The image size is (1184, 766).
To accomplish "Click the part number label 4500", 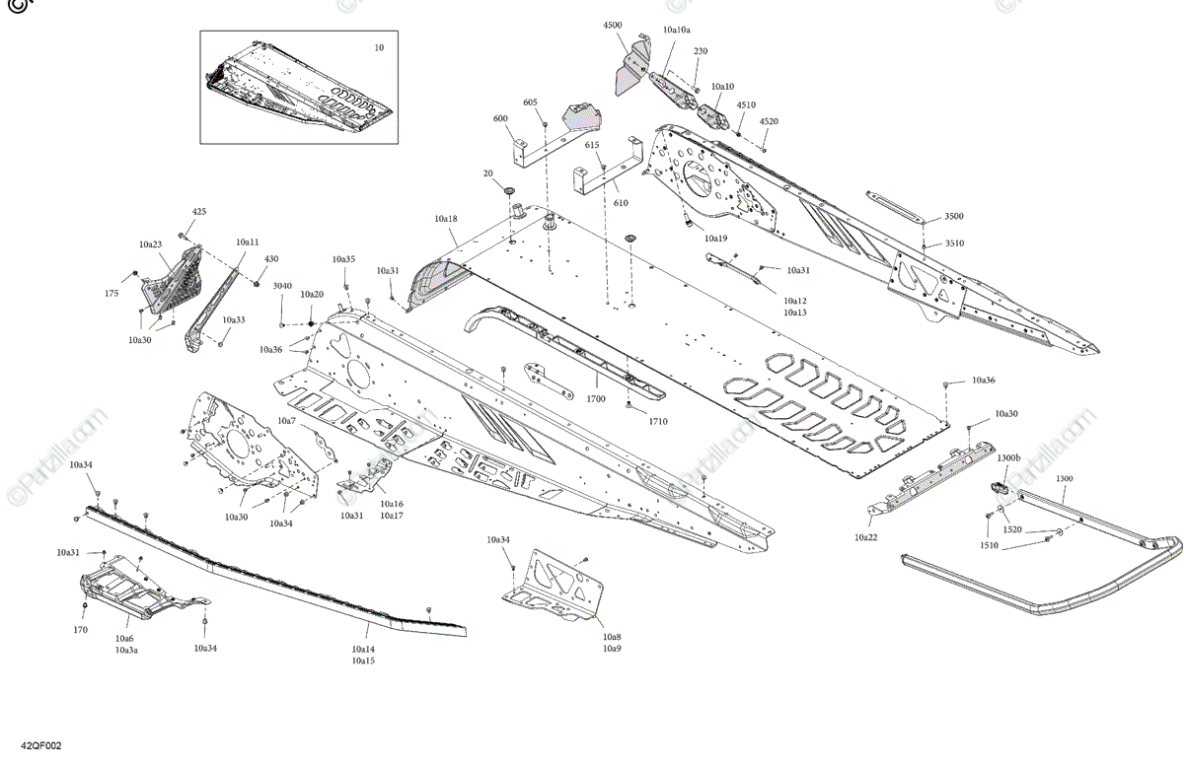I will coord(613,24).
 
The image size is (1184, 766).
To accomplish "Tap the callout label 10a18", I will coord(445,218).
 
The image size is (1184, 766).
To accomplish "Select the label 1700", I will coord(596,399).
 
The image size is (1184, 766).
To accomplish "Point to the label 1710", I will coord(658,422).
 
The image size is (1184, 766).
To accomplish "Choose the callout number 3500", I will coord(954,216).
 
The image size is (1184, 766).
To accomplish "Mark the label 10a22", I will coord(866,537).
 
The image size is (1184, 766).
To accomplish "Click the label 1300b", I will coord(1008,458).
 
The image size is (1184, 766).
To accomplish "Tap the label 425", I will coord(199,212).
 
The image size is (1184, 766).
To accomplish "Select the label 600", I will coord(500,118).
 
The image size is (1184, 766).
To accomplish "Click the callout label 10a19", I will coord(715,239).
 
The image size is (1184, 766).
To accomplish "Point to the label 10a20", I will coord(312,295).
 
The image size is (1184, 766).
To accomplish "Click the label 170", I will coord(80,630).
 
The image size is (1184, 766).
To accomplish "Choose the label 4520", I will coord(769,121).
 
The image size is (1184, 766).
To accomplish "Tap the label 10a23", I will coord(150,244).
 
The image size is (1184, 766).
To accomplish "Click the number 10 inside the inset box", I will coord(380,47).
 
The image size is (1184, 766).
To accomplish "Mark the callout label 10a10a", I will coord(677,31).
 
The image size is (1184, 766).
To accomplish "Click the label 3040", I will coord(282,286).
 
